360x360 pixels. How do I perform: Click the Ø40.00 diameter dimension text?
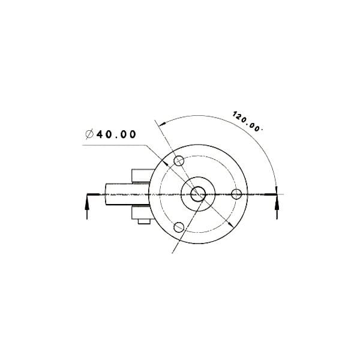[110, 134]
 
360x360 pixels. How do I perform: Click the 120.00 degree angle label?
[247, 121]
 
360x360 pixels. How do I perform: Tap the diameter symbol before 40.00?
[89, 134]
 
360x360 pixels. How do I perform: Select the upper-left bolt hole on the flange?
[179, 161]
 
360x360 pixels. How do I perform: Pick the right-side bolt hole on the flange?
[236, 194]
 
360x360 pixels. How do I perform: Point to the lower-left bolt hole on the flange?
[179, 227]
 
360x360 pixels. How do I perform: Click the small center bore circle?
[198, 194]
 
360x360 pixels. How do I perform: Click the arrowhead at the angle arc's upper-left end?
[163, 124]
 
